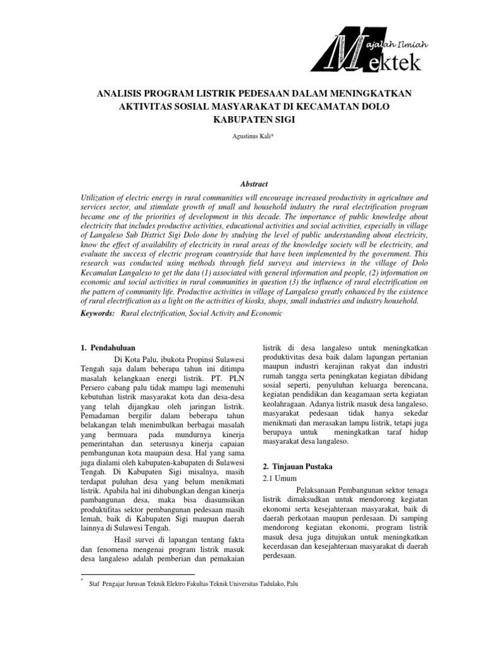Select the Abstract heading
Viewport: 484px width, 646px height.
[242, 184]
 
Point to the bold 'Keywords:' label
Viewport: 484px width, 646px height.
[98, 313]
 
